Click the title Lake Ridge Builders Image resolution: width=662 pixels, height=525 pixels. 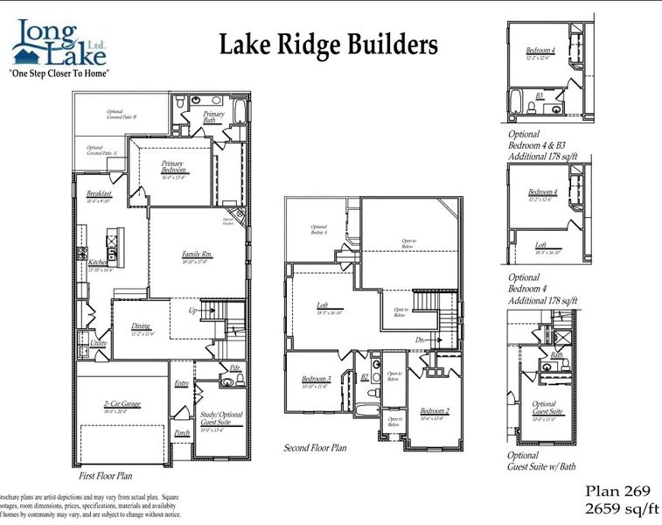327,44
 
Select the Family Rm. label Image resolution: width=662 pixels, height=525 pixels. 198,254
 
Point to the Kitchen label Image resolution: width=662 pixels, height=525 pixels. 98,262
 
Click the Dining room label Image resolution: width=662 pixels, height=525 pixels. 141,326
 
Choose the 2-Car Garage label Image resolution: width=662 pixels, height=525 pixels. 122,404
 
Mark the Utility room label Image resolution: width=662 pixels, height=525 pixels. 98,345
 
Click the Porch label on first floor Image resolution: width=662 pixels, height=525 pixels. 182,432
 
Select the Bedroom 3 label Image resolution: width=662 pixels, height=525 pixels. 315,378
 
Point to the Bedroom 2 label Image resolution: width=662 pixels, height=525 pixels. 434,410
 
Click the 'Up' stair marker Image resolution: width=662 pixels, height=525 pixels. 194,311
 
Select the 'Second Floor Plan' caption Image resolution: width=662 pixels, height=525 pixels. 315,447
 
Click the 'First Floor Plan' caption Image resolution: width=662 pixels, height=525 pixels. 105,476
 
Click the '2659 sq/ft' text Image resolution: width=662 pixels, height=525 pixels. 616,508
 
